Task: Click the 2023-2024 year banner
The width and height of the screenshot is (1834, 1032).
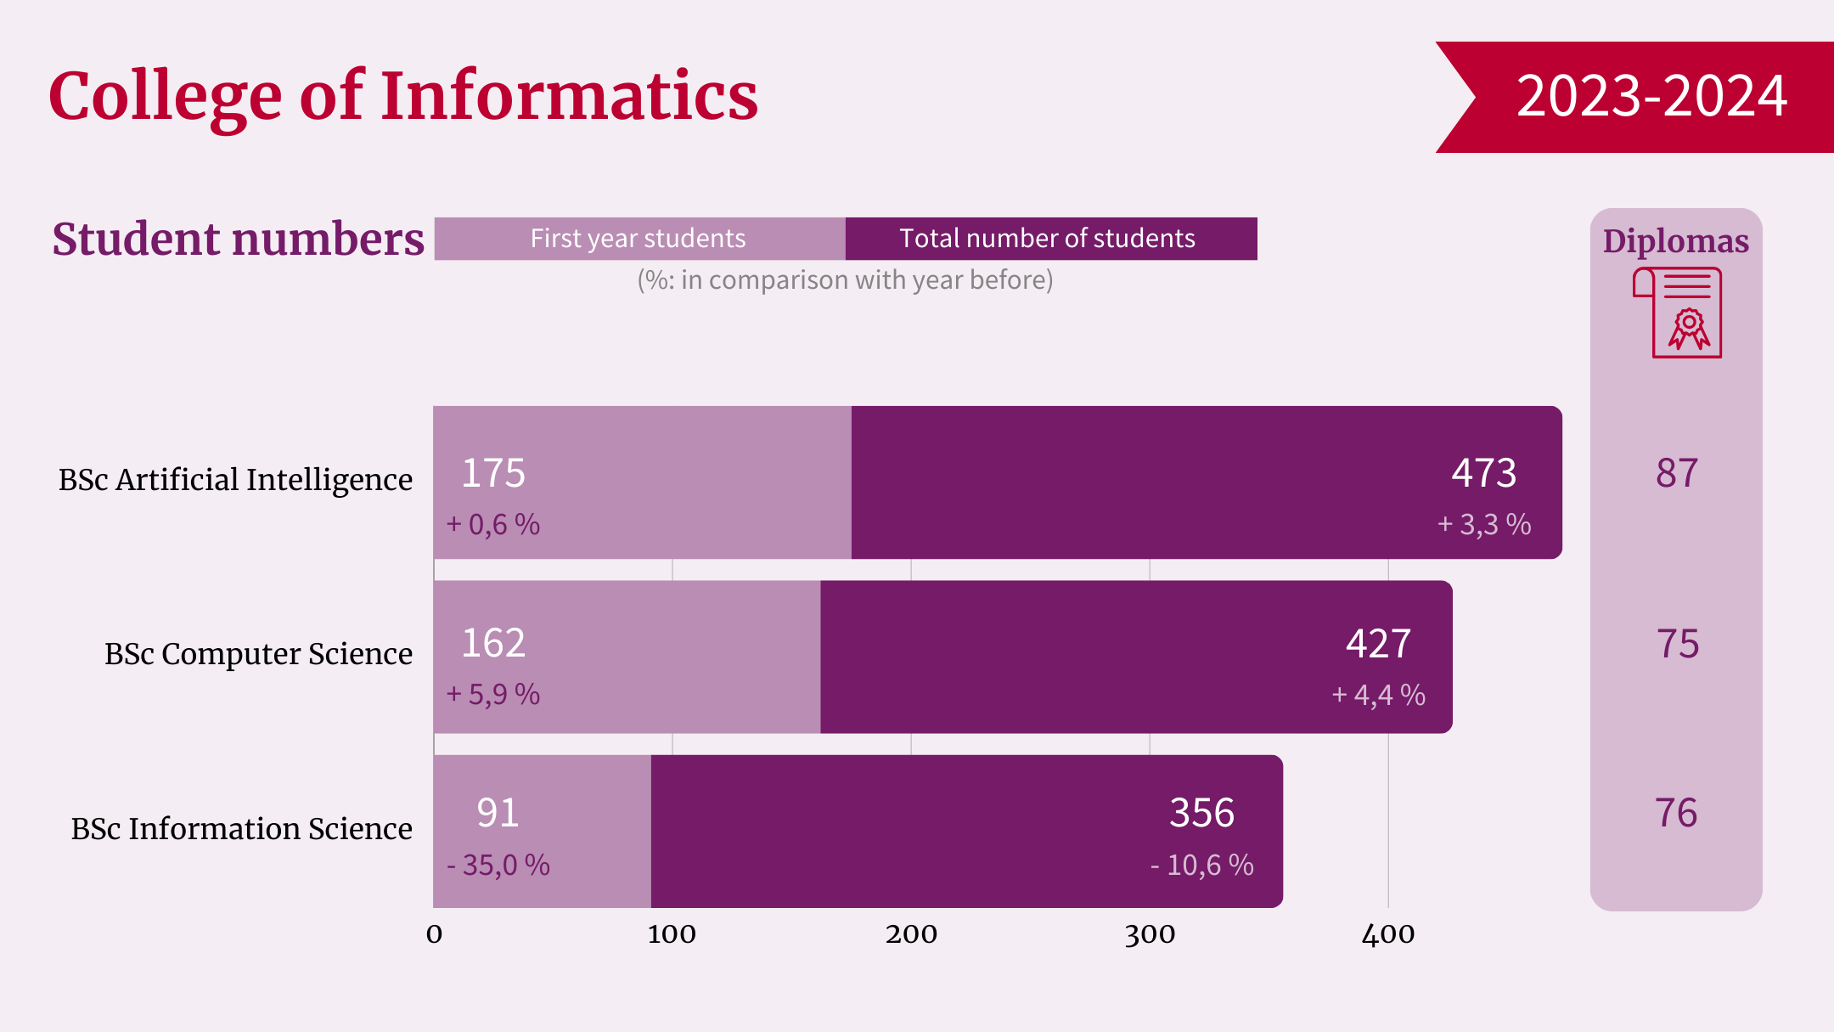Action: [1651, 96]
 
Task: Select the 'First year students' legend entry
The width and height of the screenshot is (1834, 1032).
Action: [639, 239]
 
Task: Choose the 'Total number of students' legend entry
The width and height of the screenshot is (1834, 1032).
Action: [1047, 239]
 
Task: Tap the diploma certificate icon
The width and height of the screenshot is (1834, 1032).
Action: [1679, 313]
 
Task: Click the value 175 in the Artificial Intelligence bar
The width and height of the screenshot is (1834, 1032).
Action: [493, 473]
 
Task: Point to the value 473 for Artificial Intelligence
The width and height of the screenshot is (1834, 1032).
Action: [1483, 473]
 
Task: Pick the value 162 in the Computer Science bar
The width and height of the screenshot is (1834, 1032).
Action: [493, 643]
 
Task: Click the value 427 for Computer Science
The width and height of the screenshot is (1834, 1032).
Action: [1378, 644]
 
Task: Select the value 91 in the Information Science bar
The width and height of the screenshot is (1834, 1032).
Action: [498, 813]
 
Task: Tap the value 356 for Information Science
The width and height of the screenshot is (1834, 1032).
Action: [1201, 813]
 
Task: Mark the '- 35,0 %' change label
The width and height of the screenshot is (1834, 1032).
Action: [498, 866]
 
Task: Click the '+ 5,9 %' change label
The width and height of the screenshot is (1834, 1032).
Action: [493, 695]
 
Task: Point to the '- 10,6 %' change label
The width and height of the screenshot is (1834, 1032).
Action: [1201, 866]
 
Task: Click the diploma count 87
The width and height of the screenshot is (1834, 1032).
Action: [1677, 473]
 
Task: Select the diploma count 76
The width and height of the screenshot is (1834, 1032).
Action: [1676, 813]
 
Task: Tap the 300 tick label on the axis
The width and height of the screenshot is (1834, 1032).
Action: [1150, 934]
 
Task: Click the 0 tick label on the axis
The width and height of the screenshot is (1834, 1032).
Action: [434, 934]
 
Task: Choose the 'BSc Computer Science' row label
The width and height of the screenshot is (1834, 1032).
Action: [258, 654]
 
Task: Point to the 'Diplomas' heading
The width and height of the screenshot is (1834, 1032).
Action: [1676, 241]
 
